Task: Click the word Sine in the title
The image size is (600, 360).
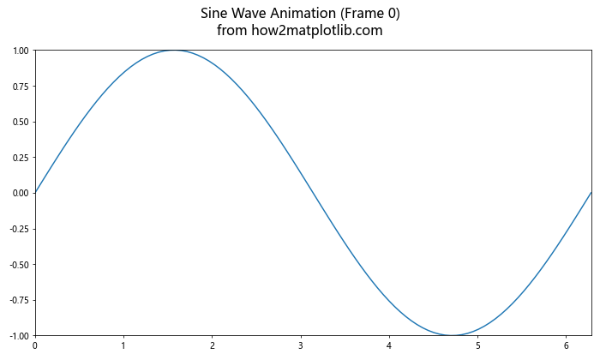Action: pyautogui.click(x=215, y=14)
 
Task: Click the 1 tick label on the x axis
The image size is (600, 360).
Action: pyautogui.click(x=123, y=346)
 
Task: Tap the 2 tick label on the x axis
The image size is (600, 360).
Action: pyautogui.click(x=212, y=346)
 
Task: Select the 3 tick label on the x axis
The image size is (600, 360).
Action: pyautogui.click(x=301, y=346)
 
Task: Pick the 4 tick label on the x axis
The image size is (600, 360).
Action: pyautogui.click(x=389, y=346)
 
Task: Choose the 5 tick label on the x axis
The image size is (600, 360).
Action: pyautogui.click(x=478, y=346)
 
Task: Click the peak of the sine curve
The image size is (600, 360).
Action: pyautogui.click(x=174, y=51)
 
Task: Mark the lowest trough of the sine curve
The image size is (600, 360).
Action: pyautogui.click(x=452, y=335)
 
